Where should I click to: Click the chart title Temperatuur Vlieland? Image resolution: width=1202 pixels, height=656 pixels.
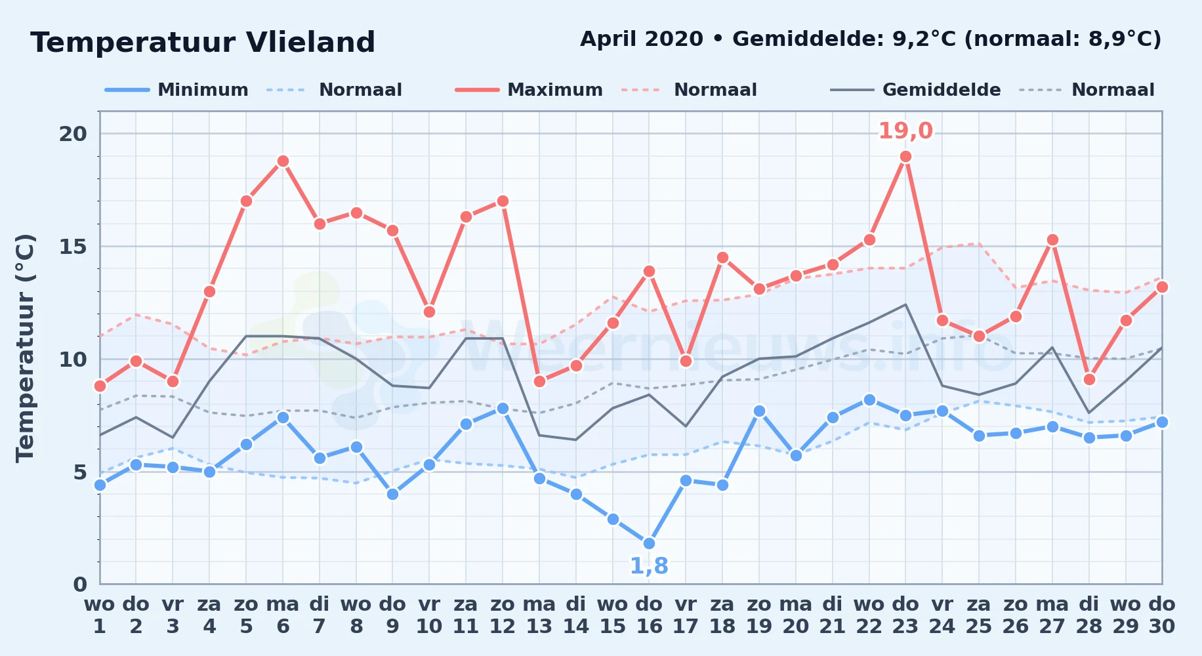[203, 43]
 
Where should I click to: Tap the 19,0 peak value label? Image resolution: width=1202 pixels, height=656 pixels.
[905, 131]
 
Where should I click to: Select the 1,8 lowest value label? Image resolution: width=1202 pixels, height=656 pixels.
[649, 565]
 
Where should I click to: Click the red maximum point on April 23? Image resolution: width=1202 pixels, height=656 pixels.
[905, 156]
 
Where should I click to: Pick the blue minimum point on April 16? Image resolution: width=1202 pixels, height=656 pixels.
[649, 543]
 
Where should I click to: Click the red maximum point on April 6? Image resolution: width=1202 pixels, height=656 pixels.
[283, 161]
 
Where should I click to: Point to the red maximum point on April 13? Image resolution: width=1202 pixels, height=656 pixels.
[539, 381]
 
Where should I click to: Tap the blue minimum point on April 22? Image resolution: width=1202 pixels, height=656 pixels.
[869, 400]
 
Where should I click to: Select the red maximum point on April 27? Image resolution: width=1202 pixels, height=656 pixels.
[1052, 239]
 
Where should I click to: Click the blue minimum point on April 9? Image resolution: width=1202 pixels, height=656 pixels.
[392, 494]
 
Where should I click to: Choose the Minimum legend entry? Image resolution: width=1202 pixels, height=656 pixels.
[176, 90]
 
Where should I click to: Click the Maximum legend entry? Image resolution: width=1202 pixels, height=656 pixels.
[529, 90]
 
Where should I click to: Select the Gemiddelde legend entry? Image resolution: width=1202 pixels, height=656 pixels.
[915, 90]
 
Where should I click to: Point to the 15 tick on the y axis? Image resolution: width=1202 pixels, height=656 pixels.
[73, 247]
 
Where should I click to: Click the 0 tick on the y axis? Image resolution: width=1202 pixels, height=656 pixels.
[80, 584]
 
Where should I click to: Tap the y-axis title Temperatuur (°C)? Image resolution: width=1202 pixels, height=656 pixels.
[25, 348]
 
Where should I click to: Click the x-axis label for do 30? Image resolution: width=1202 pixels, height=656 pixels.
[1161, 615]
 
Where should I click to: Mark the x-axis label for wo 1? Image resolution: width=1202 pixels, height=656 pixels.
[100, 615]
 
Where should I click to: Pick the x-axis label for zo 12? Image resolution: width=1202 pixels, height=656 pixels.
[503, 615]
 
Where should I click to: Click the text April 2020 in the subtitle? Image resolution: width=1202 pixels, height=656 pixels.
[642, 39]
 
